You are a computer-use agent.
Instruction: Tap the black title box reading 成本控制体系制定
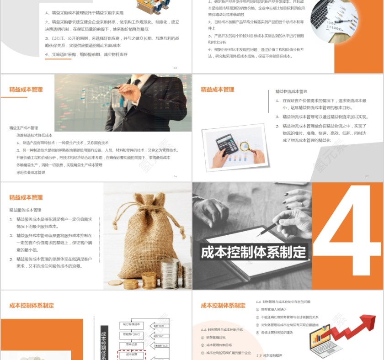click(254, 252)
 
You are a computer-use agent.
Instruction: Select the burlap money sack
click(145, 242)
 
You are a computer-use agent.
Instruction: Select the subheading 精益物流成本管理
click(291, 91)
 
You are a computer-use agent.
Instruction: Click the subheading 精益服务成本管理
click(26, 210)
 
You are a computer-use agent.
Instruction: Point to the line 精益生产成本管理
click(24, 128)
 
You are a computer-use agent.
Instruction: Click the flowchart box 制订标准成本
click(133, 324)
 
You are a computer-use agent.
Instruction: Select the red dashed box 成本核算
click(133, 354)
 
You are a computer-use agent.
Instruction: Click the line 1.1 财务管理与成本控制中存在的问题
click(283, 302)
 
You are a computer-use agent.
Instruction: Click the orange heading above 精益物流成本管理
click(217, 90)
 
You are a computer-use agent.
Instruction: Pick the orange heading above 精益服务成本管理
click(26, 197)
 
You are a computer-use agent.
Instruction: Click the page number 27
click(366, 176)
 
